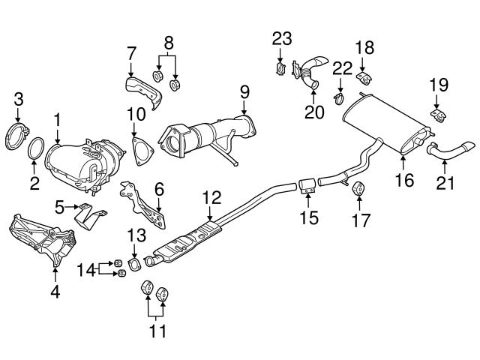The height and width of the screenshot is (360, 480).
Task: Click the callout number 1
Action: pyautogui.click(x=57, y=118)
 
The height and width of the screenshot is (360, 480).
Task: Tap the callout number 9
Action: pyautogui.click(x=244, y=92)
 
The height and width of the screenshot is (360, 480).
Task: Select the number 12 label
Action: pyautogui.click(x=212, y=198)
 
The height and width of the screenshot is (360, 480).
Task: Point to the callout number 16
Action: pyautogui.click(x=404, y=180)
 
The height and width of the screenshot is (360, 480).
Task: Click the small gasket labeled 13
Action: pyautogui.click(x=134, y=264)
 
